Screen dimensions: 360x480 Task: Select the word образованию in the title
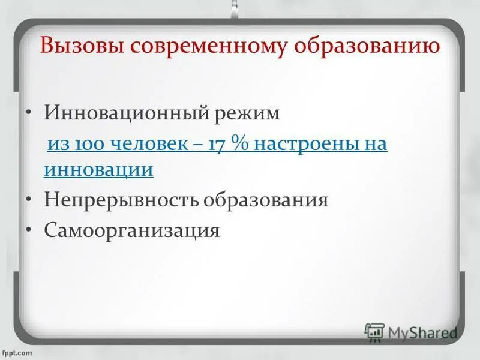tap(368, 47)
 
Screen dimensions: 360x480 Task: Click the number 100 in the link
tap(86, 145)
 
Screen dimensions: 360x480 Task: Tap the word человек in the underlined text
tap(142, 145)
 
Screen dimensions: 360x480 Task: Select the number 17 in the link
tap(217, 145)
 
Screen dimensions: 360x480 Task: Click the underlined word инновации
tap(98, 170)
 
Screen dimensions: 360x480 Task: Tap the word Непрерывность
tap(122, 200)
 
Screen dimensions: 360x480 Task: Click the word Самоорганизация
tap(132, 230)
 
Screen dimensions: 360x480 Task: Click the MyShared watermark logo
tap(411, 332)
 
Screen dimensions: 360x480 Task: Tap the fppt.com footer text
tap(19, 353)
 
